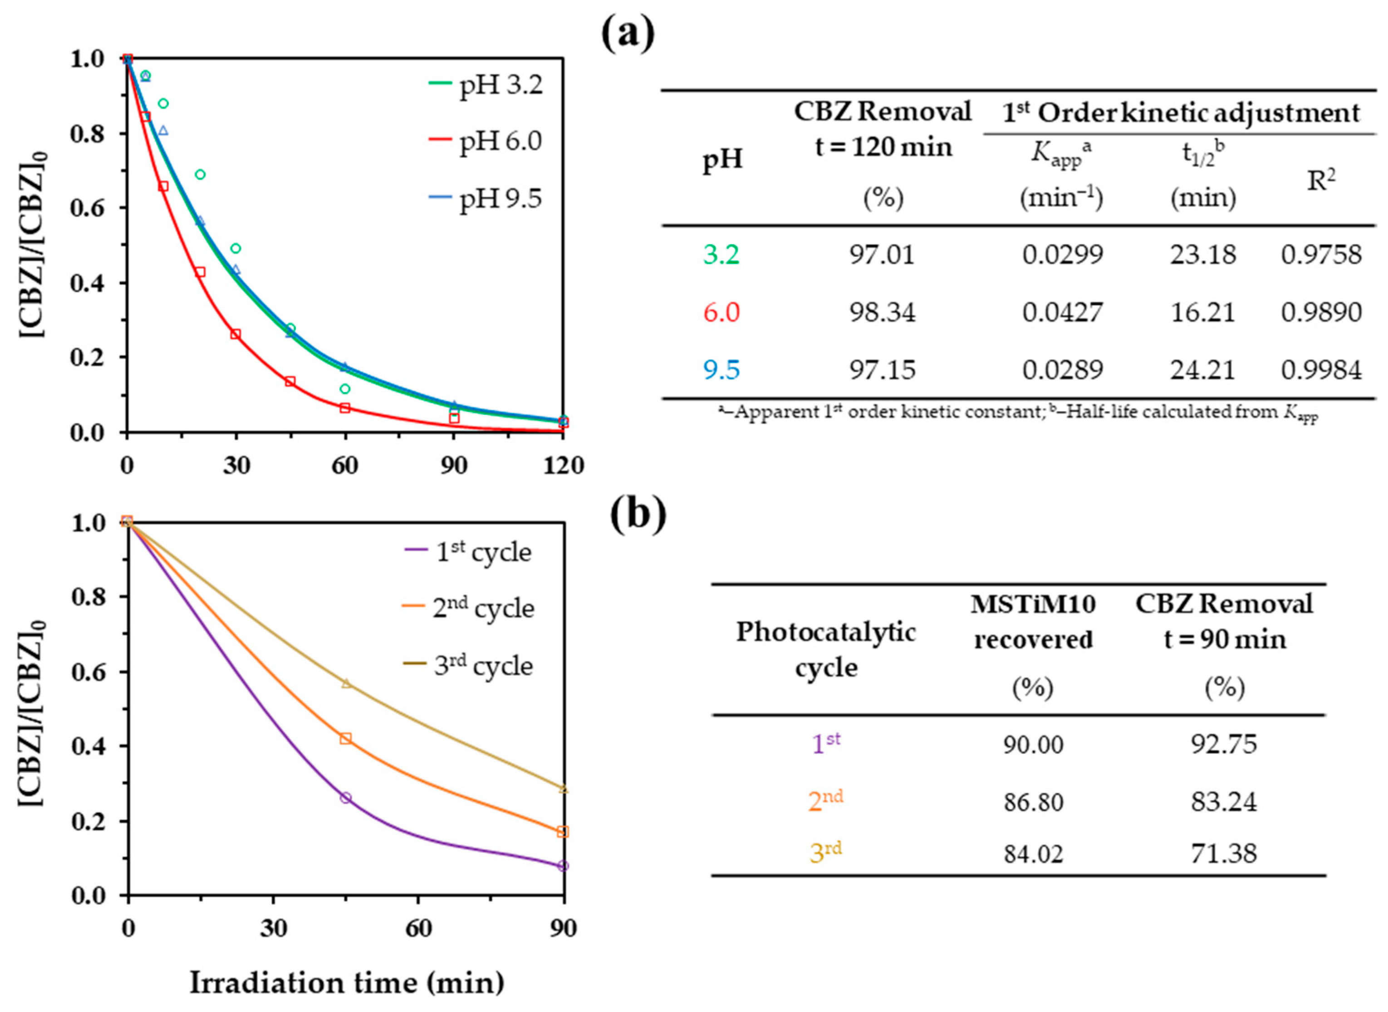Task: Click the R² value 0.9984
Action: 1321,369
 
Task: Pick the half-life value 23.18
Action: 1202,254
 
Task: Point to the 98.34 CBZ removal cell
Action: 882,312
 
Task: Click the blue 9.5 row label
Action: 721,369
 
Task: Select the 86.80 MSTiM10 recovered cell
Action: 1033,801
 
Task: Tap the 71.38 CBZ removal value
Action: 1223,853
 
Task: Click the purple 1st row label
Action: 825,744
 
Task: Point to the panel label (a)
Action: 628,35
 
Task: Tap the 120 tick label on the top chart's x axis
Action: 564,466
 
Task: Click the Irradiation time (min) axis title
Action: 347,983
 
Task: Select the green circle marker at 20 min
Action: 200,175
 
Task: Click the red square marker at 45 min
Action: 290,382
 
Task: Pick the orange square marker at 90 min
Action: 563,832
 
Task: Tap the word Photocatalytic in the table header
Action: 825,632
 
